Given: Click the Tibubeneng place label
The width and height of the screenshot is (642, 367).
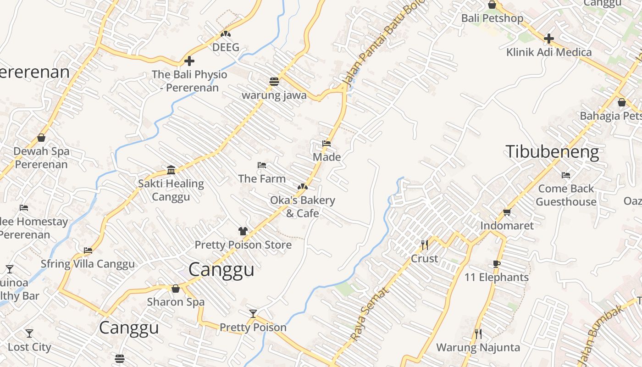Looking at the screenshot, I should [x=552, y=152].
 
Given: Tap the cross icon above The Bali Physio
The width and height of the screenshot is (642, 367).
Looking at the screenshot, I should [x=189, y=61].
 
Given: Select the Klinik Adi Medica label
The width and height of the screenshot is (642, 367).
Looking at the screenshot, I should [x=548, y=52].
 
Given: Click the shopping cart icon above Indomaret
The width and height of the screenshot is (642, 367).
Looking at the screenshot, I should [x=507, y=212].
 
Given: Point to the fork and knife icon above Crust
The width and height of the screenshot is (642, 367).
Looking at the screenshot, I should [x=425, y=245].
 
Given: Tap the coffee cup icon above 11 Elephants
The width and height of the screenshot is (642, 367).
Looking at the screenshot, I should [x=496, y=264].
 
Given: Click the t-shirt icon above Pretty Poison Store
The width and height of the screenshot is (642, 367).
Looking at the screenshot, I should [x=243, y=231].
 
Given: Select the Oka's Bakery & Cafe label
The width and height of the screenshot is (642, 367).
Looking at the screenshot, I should [x=302, y=206].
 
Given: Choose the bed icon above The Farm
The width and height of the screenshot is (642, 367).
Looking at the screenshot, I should [x=262, y=165].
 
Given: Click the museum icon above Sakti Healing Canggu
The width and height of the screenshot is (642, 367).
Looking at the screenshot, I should [x=171, y=170].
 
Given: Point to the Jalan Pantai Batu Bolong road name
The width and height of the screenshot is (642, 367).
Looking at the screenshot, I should [x=383, y=44].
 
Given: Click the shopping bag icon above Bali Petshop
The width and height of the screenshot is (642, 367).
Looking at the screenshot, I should [x=492, y=5].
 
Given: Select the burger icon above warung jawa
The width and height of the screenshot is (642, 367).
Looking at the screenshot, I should [x=274, y=82].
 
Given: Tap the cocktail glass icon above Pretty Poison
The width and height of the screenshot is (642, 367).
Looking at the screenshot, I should [x=253, y=314].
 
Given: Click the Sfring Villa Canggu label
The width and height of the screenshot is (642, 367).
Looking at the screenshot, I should [x=88, y=264].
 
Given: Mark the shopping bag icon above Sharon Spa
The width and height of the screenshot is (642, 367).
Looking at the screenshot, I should [x=175, y=289].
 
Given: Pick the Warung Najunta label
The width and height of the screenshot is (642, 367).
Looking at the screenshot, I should [x=478, y=347].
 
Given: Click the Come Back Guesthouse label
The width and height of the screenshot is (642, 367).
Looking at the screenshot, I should [x=566, y=195].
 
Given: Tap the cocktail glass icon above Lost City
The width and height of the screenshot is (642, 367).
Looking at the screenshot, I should [x=29, y=334].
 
